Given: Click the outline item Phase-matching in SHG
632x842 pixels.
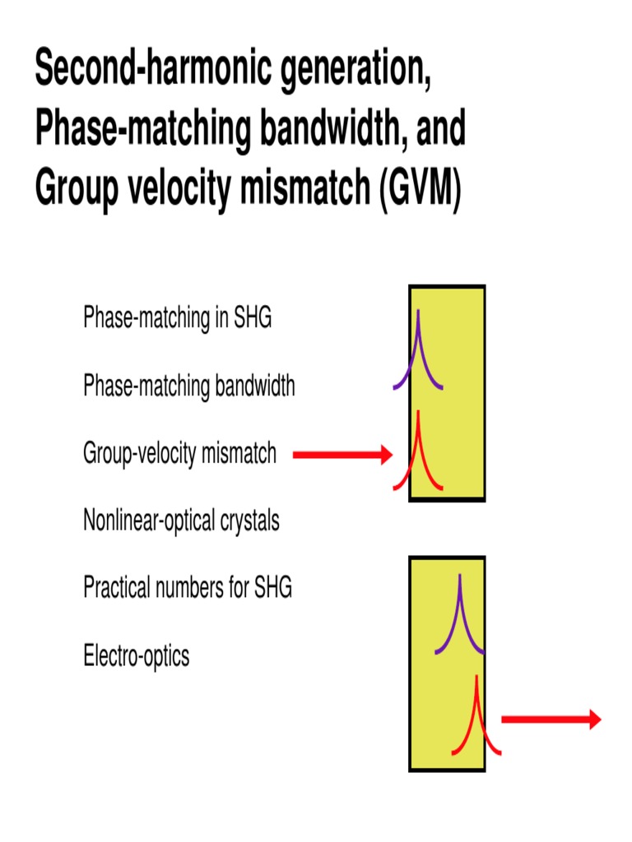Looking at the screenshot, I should point(177,317).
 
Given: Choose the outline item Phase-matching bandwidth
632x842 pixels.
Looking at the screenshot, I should point(188,386).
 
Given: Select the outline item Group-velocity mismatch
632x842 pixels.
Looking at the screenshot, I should point(179,453).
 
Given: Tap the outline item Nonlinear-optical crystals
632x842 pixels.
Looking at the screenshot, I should point(181,520).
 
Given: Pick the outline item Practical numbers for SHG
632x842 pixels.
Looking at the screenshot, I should point(188,588).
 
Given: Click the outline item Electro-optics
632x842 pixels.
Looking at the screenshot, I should point(136,656).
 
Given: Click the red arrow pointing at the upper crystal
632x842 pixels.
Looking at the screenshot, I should point(342,454).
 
